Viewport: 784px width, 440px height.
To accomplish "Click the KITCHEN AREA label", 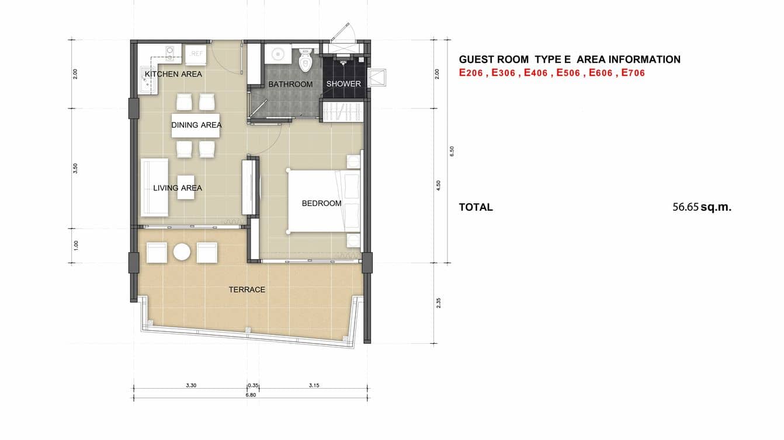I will pyautogui.click(x=173, y=74).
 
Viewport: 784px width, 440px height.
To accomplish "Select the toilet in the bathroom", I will pyautogui.click(x=305, y=61).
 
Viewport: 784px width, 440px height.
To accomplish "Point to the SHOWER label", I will pyautogui.click(x=344, y=84).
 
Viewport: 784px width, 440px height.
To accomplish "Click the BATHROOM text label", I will pyautogui.click(x=290, y=84).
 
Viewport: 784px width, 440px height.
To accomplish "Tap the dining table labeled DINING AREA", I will pyautogui.click(x=196, y=125).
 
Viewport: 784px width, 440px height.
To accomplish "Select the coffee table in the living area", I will pyautogui.click(x=186, y=187).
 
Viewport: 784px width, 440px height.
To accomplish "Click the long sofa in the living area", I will pyautogui.click(x=154, y=187).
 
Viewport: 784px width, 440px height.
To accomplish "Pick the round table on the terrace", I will pyautogui.click(x=182, y=253).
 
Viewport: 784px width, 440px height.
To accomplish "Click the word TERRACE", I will pyautogui.click(x=247, y=289).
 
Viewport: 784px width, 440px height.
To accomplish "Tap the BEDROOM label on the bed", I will pyautogui.click(x=321, y=204).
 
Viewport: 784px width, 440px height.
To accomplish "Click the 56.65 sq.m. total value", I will pyautogui.click(x=702, y=207).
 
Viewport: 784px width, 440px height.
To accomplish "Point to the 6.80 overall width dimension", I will pyautogui.click(x=251, y=395).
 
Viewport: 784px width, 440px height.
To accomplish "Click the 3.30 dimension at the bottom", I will pyautogui.click(x=191, y=385).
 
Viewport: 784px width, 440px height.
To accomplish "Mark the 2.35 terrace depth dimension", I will pyautogui.click(x=438, y=303).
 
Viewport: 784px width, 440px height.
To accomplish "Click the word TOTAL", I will pyautogui.click(x=476, y=207).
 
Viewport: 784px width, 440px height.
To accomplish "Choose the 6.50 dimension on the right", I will pyautogui.click(x=452, y=151).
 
